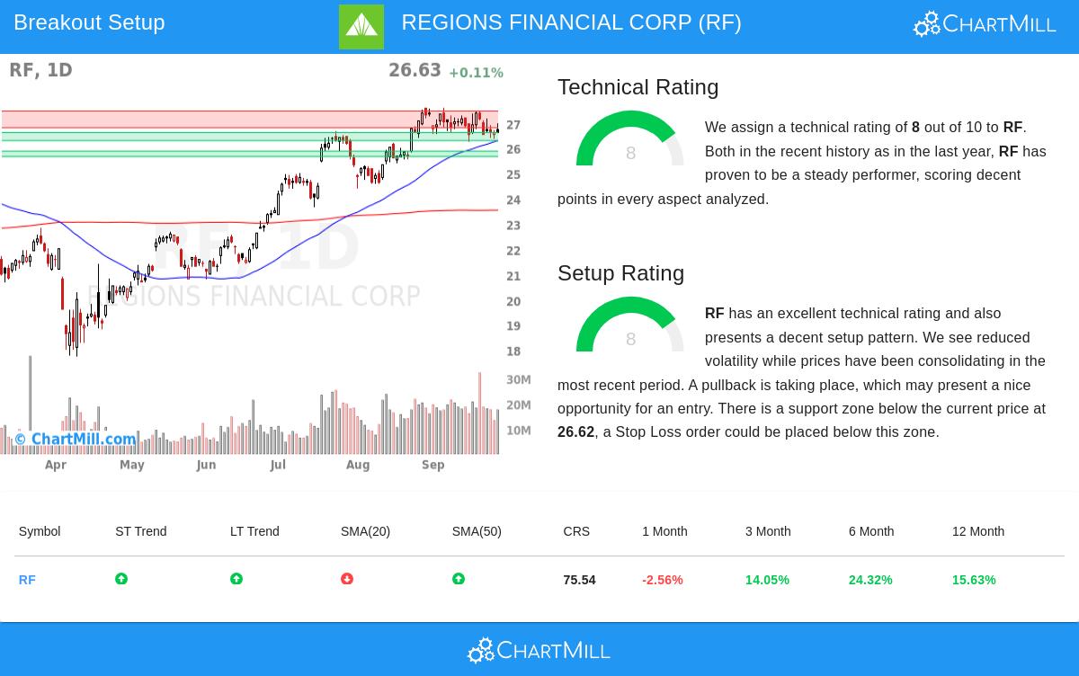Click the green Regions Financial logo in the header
click(x=361, y=27)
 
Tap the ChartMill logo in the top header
click(x=985, y=23)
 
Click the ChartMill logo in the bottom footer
click(x=539, y=650)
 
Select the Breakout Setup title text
click(x=89, y=22)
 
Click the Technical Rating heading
click(x=638, y=87)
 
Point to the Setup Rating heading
click(x=620, y=273)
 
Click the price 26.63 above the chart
click(x=415, y=70)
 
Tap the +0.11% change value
click(x=476, y=73)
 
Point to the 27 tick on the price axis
click(x=513, y=125)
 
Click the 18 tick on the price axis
click(x=513, y=351)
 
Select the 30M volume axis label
click(x=519, y=379)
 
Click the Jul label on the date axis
click(x=277, y=465)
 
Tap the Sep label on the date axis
click(x=433, y=465)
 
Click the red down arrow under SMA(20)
click(x=347, y=580)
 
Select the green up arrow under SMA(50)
click(x=459, y=580)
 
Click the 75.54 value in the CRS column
click(x=579, y=581)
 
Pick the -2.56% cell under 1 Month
click(x=663, y=581)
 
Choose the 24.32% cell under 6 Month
click(x=870, y=581)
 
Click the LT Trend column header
click(x=254, y=531)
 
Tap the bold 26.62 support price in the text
click(x=575, y=432)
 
